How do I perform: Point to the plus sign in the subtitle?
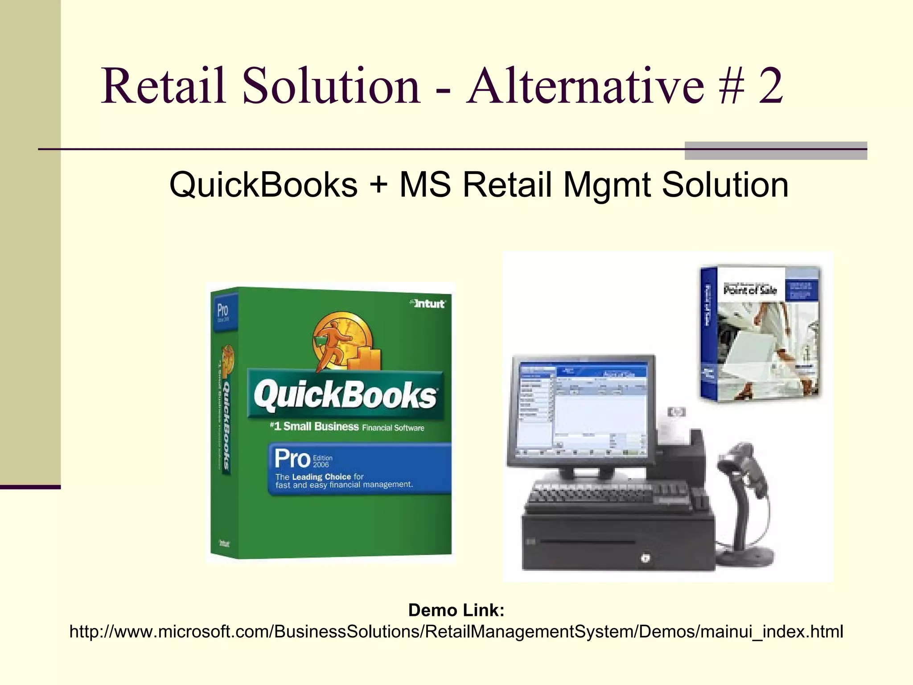378,185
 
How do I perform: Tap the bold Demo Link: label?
456,610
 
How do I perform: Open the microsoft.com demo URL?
456,631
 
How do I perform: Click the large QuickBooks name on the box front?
345,395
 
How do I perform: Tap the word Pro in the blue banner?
292,458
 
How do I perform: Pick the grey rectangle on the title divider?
775,151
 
